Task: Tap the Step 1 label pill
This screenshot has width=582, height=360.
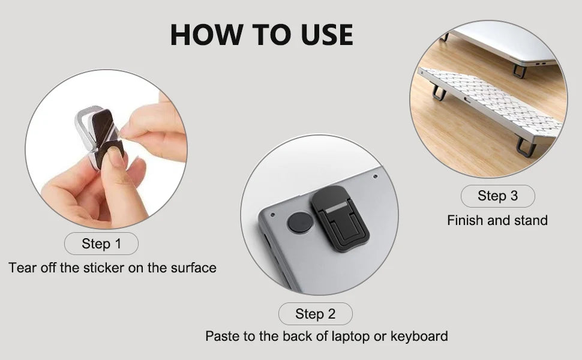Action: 101,244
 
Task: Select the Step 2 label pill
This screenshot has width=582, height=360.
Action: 315,314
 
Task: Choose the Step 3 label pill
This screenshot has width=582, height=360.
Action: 497,196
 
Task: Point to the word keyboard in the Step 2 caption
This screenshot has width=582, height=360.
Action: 419,336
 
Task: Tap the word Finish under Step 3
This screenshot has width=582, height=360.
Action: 466,221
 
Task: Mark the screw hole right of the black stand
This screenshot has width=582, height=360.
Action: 375,177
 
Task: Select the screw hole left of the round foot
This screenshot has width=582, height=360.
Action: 272,214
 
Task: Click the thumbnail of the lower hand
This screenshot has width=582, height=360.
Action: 114,159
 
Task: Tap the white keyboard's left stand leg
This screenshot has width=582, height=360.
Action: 439,92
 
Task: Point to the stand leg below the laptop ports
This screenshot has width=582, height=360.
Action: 520,71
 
